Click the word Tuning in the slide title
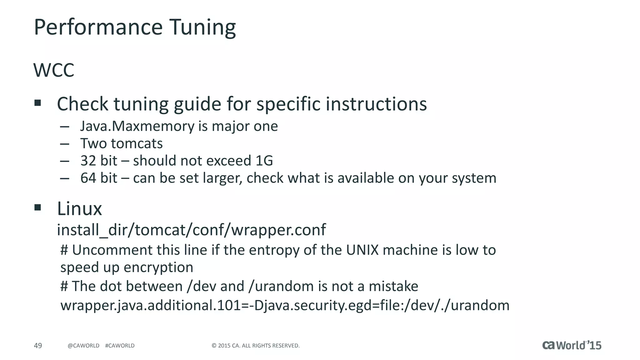click(202, 27)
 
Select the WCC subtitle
click(54, 70)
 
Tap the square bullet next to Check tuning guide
click(38, 103)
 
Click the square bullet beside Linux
click(38, 207)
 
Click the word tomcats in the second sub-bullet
click(137, 144)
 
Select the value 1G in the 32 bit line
click(264, 161)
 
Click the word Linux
click(79, 209)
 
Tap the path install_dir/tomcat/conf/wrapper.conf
click(191, 230)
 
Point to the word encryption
click(158, 267)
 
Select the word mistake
click(393, 287)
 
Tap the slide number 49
click(38, 346)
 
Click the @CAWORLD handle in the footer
click(83, 346)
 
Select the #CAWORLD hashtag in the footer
click(120, 346)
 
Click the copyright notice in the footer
click(256, 346)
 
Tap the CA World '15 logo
click(572, 345)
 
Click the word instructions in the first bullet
click(376, 104)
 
